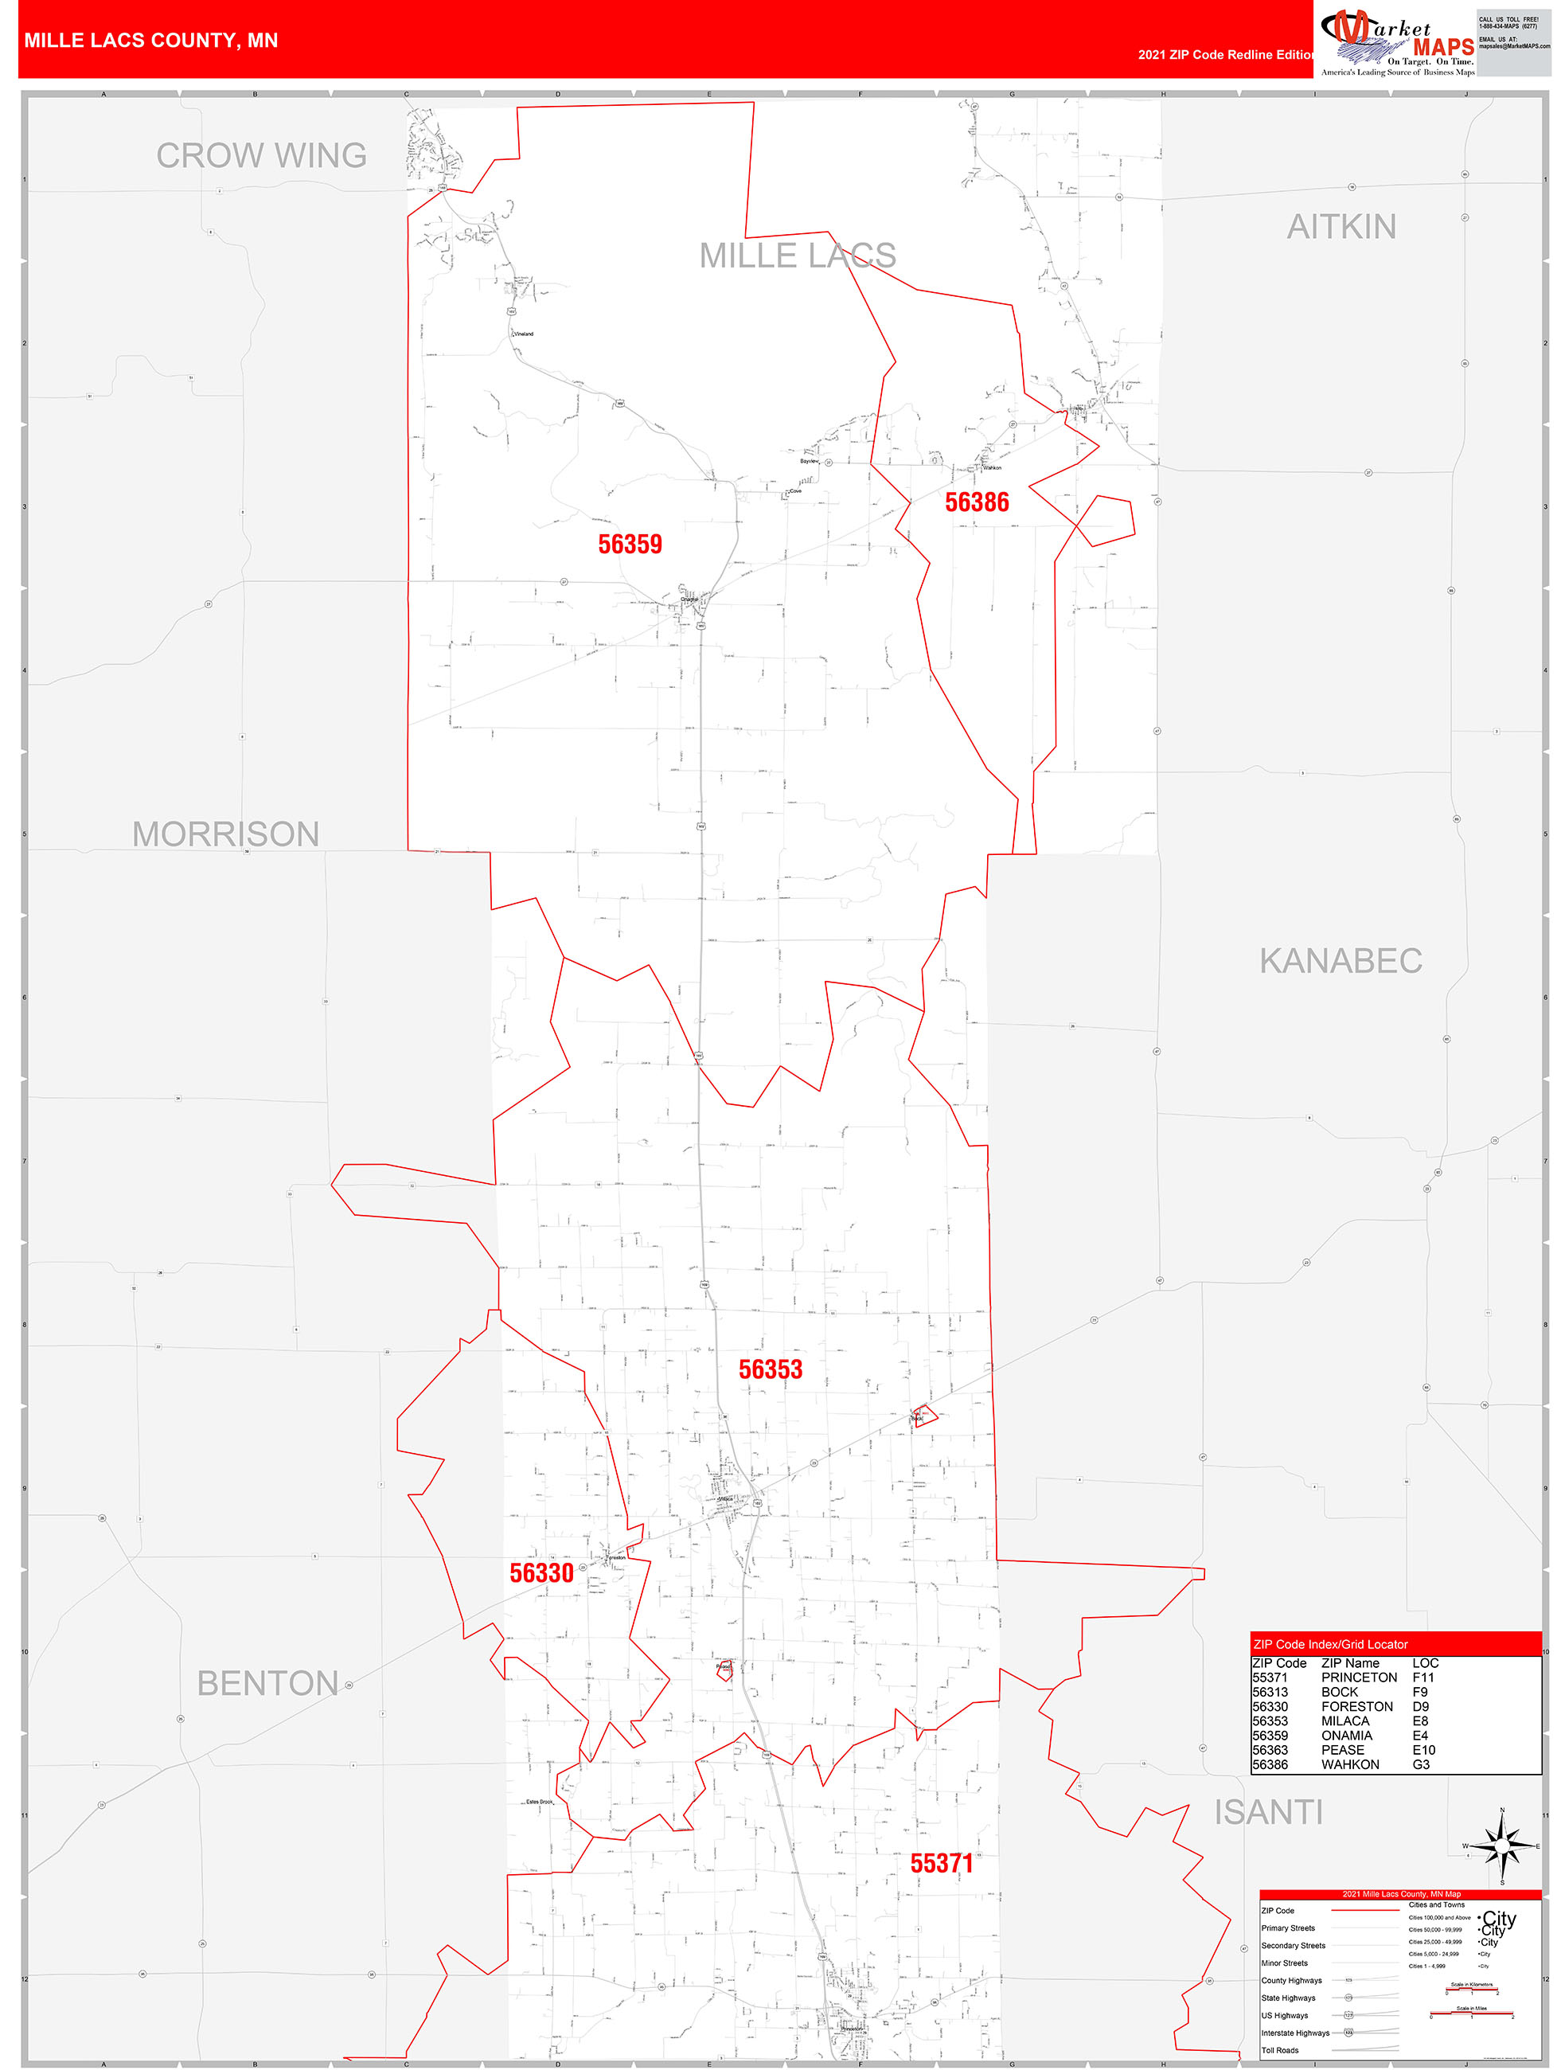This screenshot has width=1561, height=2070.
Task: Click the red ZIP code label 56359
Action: click(630, 544)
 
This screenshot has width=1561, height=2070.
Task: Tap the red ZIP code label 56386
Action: click(976, 502)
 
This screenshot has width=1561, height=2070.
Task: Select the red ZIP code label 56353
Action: click(771, 1369)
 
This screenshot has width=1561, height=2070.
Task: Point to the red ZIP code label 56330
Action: click(541, 1572)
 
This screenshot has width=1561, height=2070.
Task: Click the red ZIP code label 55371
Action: click(942, 1863)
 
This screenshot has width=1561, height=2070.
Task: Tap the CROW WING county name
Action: click(261, 155)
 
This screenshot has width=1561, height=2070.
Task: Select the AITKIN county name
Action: click(1341, 226)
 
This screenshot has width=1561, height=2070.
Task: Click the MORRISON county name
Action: click(225, 834)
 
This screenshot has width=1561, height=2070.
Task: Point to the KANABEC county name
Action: click(1341, 960)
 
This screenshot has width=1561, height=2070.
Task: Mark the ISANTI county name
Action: click(1268, 1813)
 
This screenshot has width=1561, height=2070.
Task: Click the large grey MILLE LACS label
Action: click(798, 255)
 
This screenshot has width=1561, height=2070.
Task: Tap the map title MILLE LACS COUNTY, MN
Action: click(150, 41)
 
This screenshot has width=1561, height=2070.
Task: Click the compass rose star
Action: click(1502, 1846)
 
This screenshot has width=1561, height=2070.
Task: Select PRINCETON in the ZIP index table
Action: click(1359, 1677)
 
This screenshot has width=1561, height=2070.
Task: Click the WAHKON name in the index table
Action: click(1349, 1764)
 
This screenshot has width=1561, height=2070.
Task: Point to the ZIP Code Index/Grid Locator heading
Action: click(1330, 1644)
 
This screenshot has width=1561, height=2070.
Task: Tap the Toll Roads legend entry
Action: click(1279, 2050)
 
